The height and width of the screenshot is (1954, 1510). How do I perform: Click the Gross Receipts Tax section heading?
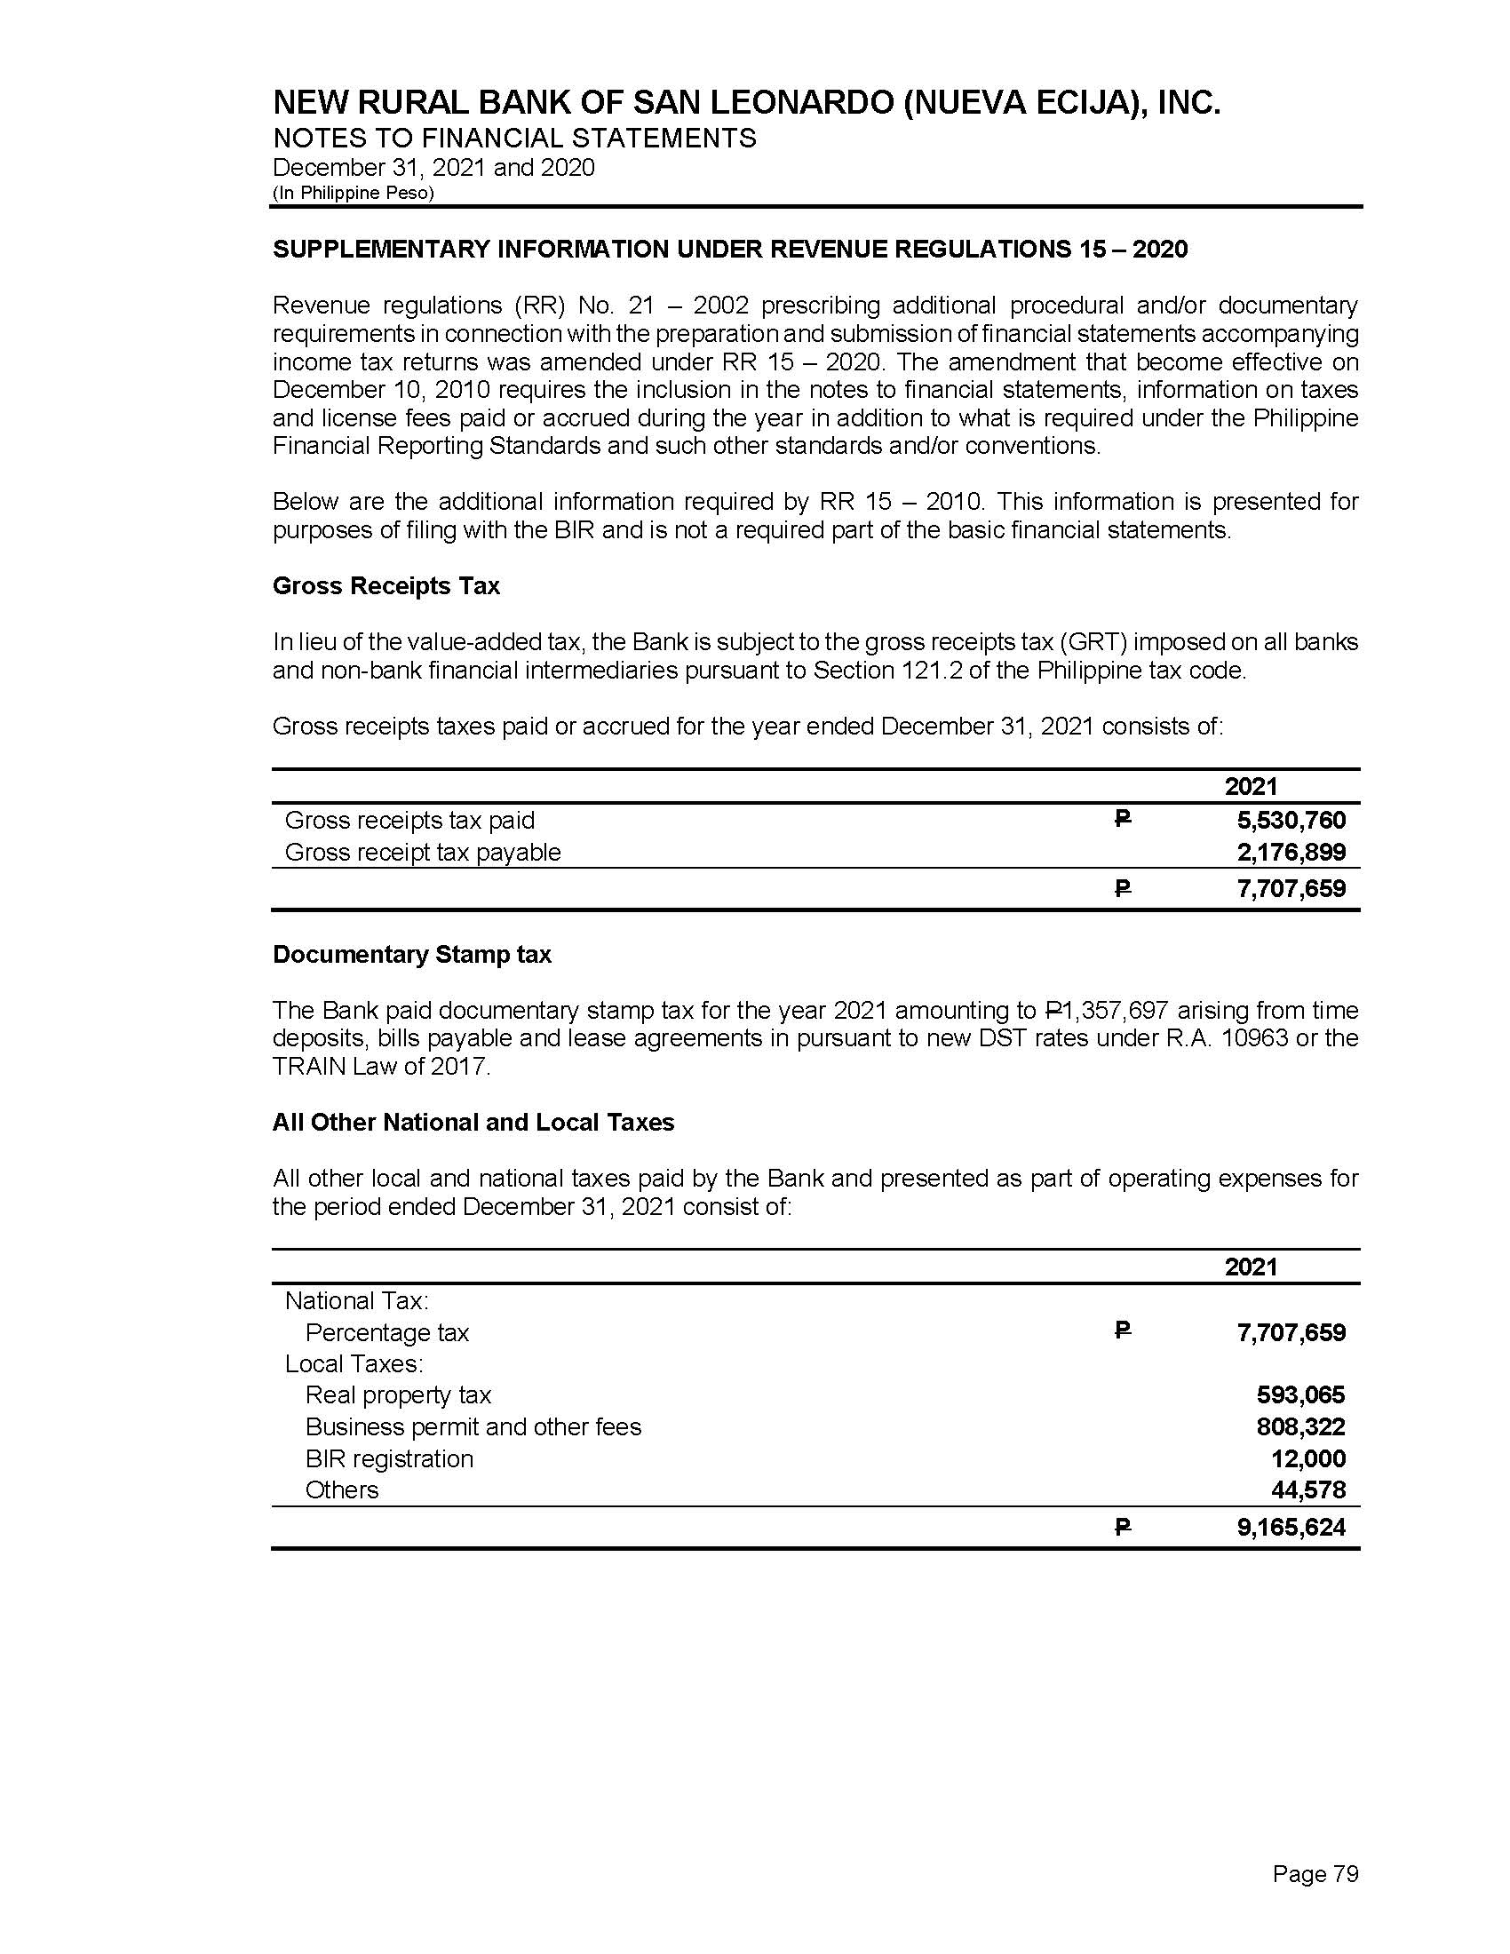click(x=385, y=586)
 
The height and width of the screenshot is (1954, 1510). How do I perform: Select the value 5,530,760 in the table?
click(x=1291, y=820)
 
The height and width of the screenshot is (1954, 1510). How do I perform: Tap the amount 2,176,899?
click(x=1291, y=852)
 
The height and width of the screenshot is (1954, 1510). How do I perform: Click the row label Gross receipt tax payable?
click(x=422, y=852)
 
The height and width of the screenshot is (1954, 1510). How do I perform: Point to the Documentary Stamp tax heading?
click(x=411, y=955)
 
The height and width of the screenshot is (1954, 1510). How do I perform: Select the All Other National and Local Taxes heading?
click(x=473, y=1122)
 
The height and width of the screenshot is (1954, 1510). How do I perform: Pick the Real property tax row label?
click(x=398, y=1394)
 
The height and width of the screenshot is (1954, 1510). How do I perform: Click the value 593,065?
click(x=1300, y=1394)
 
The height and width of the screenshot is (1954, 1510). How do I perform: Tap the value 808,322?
click(x=1300, y=1426)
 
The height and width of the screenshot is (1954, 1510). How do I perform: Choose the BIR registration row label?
click(x=389, y=1458)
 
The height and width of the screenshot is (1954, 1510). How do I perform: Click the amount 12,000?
click(x=1307, y=1458)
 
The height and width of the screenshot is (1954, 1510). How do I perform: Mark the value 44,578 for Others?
click(x=1307, y=1489)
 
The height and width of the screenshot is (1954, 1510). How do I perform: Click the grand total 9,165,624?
click(x=1291, y=1528)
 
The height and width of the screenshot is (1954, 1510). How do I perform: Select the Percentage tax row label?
click(x=386, y=1332)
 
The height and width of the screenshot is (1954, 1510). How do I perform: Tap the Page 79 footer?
click(x=1315, y=1873)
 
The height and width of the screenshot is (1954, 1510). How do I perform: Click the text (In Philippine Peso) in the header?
click(x=354, y=194)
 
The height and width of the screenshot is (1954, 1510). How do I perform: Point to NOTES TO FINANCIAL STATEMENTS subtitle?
click(x=514, y=138)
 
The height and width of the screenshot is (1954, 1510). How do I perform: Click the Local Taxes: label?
click(x=354, y=1363)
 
